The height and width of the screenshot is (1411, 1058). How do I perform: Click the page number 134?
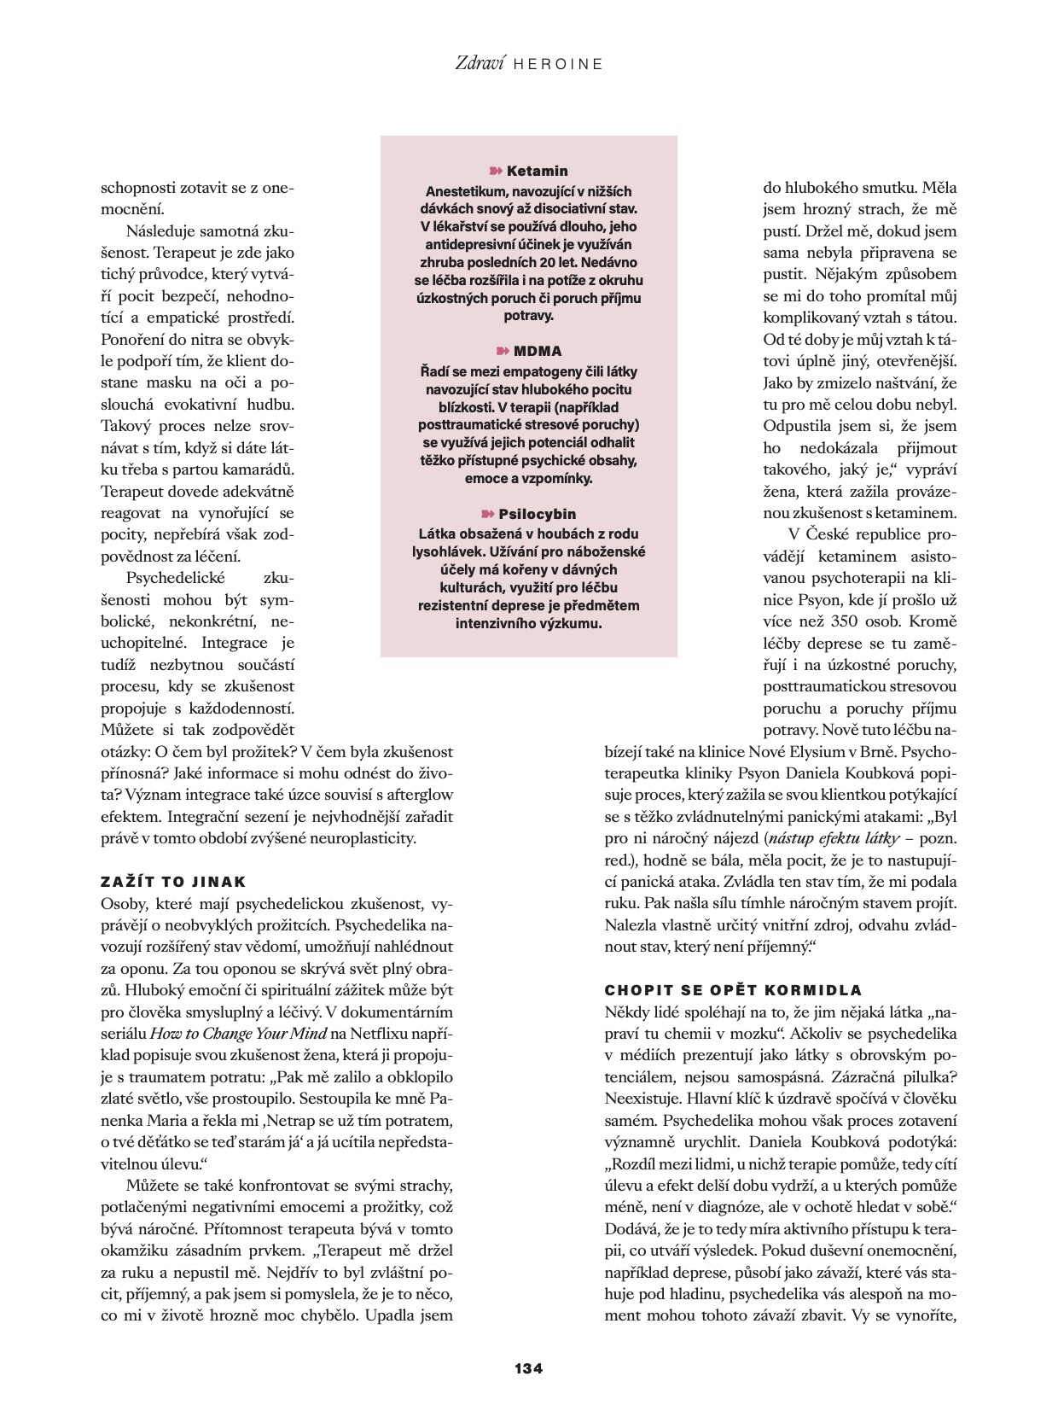(x=528, y=1367)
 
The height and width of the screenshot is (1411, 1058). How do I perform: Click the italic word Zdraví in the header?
(x=480, y=62)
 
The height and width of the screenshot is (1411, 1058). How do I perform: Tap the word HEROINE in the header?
(x=559, y=64)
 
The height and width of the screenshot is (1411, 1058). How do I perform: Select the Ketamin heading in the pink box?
(x=537, y=171)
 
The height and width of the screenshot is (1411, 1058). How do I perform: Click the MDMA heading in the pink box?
(x=538, y=351)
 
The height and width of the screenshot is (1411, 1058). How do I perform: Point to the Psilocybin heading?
(x=537, y=514)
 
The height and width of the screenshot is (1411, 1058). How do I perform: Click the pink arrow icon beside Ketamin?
(x=496, y=171)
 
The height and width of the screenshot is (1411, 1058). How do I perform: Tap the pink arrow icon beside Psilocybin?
(x=487, y=514)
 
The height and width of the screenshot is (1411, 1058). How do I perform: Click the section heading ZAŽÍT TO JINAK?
(x=173, y=882)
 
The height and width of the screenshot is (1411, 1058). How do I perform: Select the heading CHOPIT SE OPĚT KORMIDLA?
(x=733, y=990)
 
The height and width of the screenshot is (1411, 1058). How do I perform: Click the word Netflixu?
(x=381, y=1034)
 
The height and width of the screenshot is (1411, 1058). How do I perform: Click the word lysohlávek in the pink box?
(x=456, y=551)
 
